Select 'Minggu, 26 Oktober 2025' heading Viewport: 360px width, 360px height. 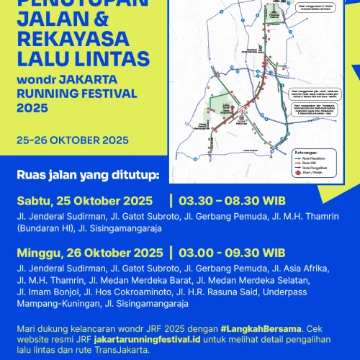point(89,253)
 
